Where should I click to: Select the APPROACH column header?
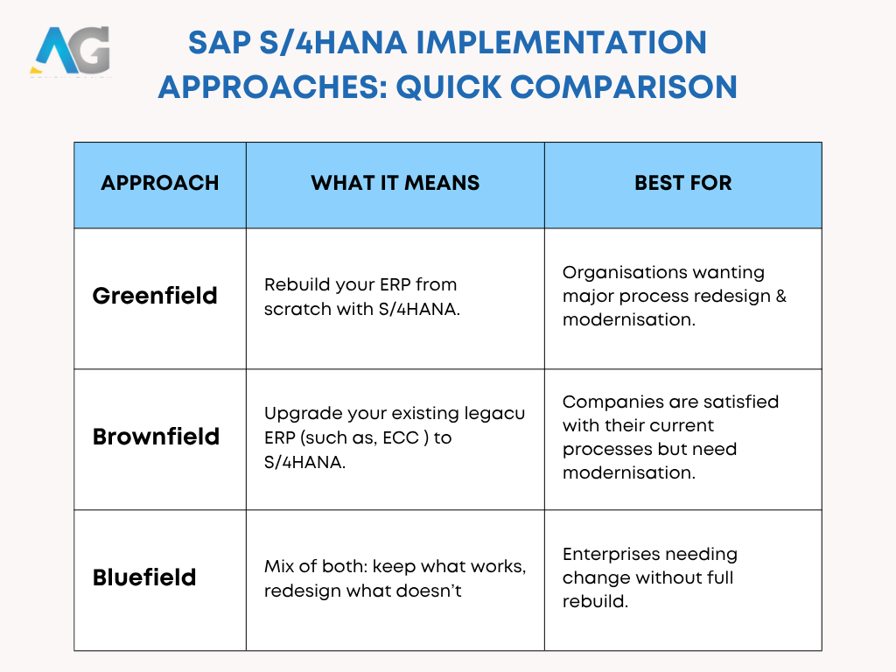coord(160,183)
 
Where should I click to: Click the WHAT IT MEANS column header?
coord(395,183)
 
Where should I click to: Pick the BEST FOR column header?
coord(682,183)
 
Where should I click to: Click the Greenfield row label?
coord(155,296)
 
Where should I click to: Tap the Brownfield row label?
coord(156,437)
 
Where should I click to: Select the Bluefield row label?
coord(144,577)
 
